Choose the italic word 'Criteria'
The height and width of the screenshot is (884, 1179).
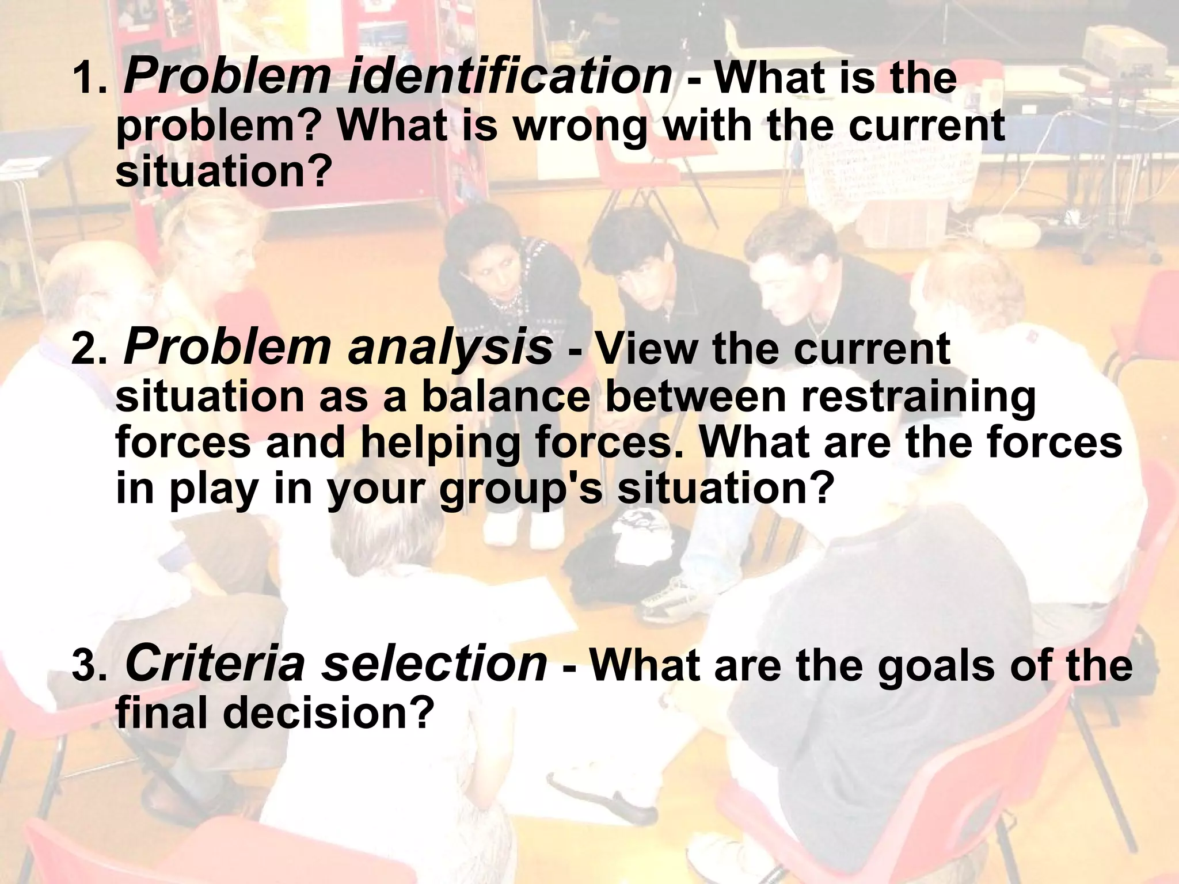(215, 664)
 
